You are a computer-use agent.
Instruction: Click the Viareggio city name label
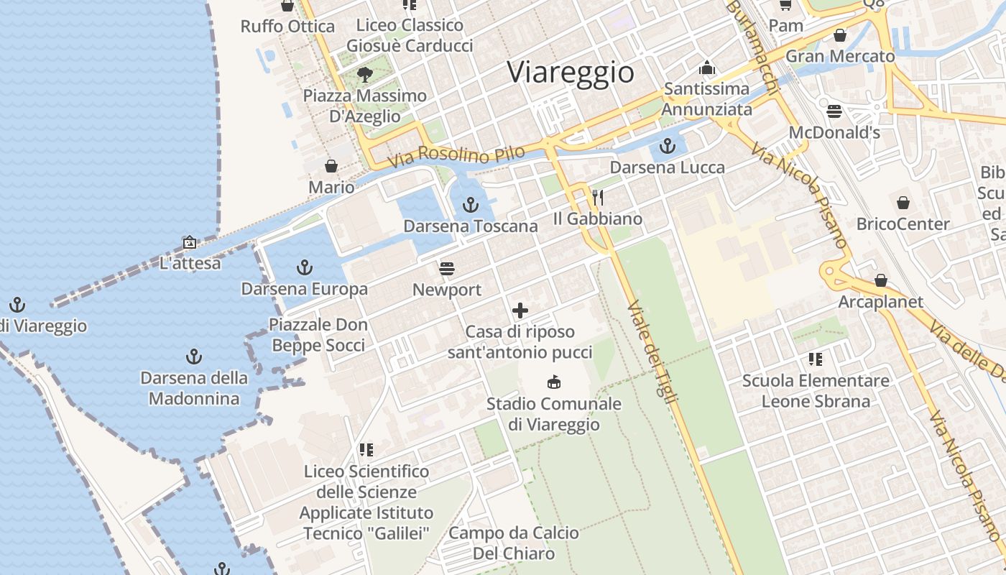coord(571,73)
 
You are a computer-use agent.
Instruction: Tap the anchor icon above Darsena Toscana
coord(471,205)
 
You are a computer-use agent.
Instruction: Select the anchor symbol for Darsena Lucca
coord(668,147)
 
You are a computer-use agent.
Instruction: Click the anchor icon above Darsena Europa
coord(305,268)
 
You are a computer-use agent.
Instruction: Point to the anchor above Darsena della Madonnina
coord(193,356)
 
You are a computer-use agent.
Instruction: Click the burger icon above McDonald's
coord(834,111)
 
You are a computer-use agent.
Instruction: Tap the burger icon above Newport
coord(447,269)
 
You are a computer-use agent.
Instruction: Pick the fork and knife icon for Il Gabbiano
coord(598,197)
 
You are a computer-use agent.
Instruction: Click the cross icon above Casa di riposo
coord(520,310)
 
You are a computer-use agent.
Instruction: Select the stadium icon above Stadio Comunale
coord(554,382)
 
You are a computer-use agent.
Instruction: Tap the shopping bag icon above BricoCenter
coord(903,203)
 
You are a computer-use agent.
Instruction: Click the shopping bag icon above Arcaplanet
coord(881,280)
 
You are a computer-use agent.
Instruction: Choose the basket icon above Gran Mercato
coord(840,34)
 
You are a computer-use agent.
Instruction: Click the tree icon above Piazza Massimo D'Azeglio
coord(365,74)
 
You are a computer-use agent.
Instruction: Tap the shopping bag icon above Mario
coord(331,166)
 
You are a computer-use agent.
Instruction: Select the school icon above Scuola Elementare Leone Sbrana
coord(815,359)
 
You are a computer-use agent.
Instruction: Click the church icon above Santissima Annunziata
coord(707,68)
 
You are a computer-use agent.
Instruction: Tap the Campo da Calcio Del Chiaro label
coord(514,543)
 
